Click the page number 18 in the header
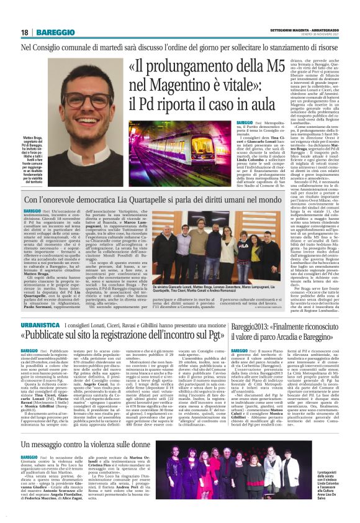24,32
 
